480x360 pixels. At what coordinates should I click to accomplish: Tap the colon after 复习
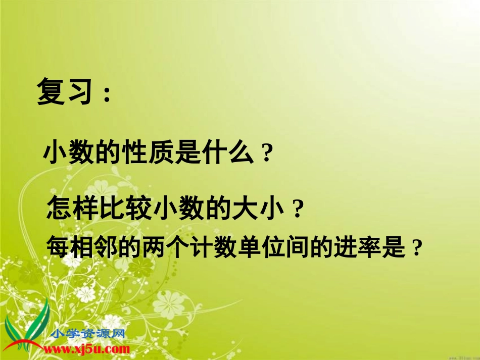click(107, 94)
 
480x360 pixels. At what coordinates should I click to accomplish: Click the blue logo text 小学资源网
click(88, 334)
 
